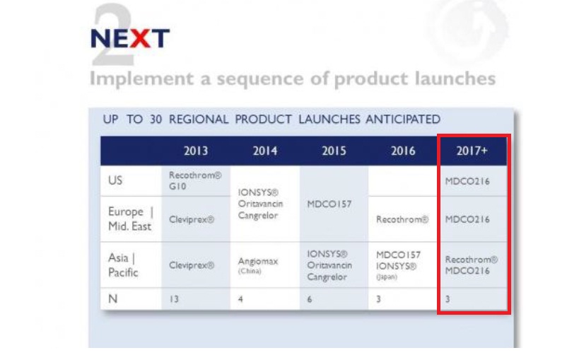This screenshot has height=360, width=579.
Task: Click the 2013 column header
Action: click(196, 151)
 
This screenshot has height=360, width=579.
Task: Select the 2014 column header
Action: click(265, 151)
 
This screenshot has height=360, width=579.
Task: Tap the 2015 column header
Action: click(334, 151)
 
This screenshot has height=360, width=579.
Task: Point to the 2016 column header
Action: click(403, 151)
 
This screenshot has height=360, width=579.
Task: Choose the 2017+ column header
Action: click(472, 151)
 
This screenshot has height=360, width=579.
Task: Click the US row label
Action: click(115, 180)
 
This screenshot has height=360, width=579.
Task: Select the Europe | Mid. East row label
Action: click(131, 219)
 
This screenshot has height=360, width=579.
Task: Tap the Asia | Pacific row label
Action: click(123, 265)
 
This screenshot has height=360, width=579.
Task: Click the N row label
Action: click(113, 298)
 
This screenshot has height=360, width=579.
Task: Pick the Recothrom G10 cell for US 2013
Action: click(195, 180)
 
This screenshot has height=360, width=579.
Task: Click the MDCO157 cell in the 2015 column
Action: click(329, 204)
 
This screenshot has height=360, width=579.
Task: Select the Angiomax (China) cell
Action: click(258, 265)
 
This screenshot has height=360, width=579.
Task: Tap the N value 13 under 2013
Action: click(173, 299)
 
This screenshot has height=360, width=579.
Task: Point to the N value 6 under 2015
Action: click(310, 299)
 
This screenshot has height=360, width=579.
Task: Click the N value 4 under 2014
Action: click(240, 299)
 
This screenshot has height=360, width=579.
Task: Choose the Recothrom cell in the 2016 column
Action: click(402, 219)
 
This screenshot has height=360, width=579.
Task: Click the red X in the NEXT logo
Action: click(140, 38)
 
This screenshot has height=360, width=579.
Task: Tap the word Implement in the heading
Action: click(141, 79)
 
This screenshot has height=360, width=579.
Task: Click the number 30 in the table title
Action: click(156, 120)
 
